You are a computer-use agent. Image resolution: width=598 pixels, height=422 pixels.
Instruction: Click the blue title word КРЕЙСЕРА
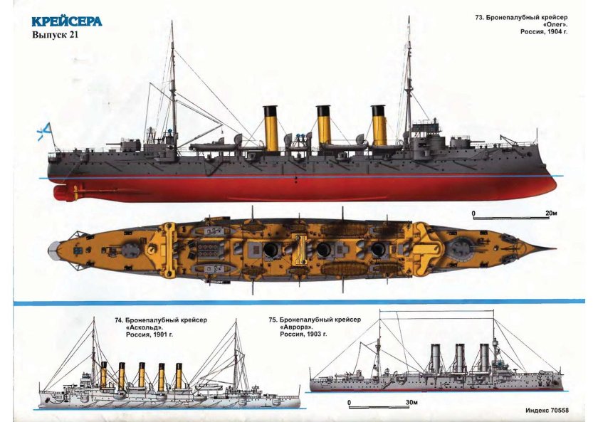(66, 21)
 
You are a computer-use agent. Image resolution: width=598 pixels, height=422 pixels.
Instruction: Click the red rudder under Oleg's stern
(60, 191)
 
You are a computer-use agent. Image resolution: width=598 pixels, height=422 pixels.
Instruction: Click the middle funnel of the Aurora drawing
(460, 359)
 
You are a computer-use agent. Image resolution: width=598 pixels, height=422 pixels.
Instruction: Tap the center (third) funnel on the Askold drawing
(141, 376)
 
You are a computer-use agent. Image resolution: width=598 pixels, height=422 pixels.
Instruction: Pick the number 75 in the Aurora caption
(273, 320)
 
